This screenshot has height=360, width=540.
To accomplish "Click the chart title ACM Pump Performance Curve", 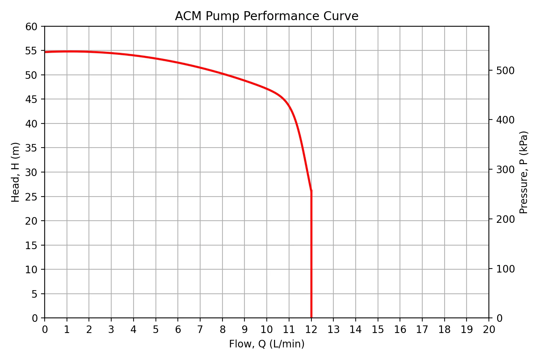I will [266, 16].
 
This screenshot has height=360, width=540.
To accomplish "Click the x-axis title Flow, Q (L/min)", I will [266, 344].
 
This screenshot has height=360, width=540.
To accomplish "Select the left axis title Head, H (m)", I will [15, 172].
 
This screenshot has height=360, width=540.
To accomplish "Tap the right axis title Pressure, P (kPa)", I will [524, 172].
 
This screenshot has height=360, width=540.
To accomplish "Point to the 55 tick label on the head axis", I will [31, 51].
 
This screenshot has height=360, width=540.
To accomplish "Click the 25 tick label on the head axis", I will [31, 197].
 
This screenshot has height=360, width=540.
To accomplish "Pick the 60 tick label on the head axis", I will [31, 27].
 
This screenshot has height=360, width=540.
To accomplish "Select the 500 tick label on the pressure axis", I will [505, 71].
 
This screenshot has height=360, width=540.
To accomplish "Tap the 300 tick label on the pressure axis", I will [505, 170].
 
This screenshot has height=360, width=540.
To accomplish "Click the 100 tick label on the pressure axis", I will [505, 269].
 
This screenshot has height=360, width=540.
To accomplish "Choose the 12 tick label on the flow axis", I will [311, 329].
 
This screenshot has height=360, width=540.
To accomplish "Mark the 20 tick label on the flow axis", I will [489, 329].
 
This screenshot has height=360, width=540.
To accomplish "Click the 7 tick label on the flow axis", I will [200, 329].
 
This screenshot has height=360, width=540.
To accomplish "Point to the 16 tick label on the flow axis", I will [400, 329].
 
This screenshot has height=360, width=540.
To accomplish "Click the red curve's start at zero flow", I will [45, 52].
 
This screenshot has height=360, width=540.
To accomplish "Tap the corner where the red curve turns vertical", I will [311, 190].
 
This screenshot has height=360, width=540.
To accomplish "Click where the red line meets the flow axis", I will [311, 318].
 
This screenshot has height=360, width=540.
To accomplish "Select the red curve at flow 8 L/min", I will [222, 73].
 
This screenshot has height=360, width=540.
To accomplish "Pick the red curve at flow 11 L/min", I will [289, 105].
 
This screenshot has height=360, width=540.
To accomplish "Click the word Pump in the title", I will [221, 17].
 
